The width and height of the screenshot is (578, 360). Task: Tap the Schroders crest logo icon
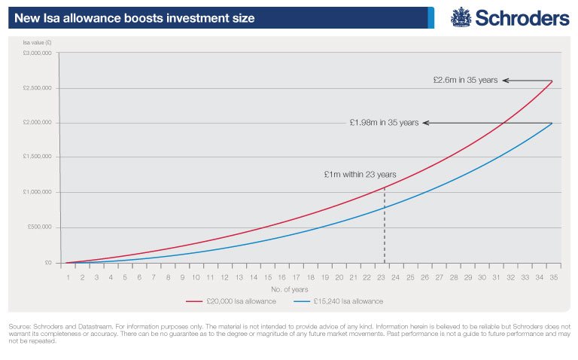[x=461, y=17]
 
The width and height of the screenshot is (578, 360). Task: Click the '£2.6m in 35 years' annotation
[x=466, y=81]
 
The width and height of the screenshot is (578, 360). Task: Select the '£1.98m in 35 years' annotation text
[x=384, y=123]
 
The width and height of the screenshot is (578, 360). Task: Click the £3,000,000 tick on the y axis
[x=37, y=53]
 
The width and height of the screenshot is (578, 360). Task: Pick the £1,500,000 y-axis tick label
[x=37, y=157]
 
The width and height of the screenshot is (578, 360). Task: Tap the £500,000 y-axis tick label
[x=39, y=227]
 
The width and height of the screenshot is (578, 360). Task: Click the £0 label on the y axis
[x=47, y=263]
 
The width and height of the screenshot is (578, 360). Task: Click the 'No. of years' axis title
[x=309, y=289]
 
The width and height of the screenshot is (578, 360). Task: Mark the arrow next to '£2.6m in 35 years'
[x=527, y=81]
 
